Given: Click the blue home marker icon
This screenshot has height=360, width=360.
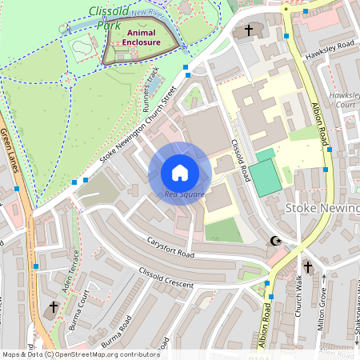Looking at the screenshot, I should click(x=180, y=173).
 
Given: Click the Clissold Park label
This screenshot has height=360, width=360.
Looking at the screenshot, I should click(x=107, y=18).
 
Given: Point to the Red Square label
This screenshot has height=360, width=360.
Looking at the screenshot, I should click(x=185, y=194).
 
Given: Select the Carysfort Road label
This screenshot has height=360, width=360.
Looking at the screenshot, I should click(x=170, y=248).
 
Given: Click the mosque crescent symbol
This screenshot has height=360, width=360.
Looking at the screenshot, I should click(x=278, y=241).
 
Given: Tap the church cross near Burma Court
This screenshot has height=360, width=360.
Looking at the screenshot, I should click(x=54, y=306).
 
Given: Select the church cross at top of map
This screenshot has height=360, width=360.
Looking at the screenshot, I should click(x=248, y=30).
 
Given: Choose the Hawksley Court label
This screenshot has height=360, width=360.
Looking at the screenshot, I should click(x=346, y=99).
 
